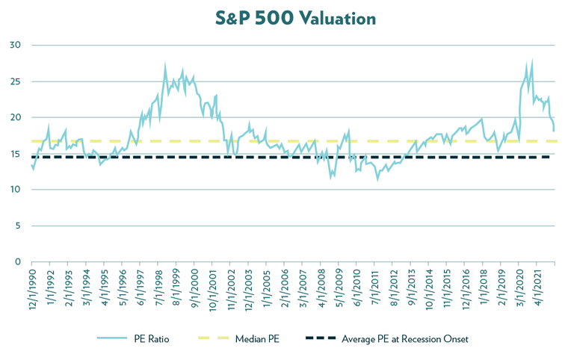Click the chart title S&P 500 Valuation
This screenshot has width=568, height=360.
283,16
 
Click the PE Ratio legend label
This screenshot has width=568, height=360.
152,338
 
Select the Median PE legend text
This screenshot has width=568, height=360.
257,338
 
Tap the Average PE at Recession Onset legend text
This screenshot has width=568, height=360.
404,338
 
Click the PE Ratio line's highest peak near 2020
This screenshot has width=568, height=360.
531,61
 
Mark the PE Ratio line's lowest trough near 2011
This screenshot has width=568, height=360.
377,179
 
